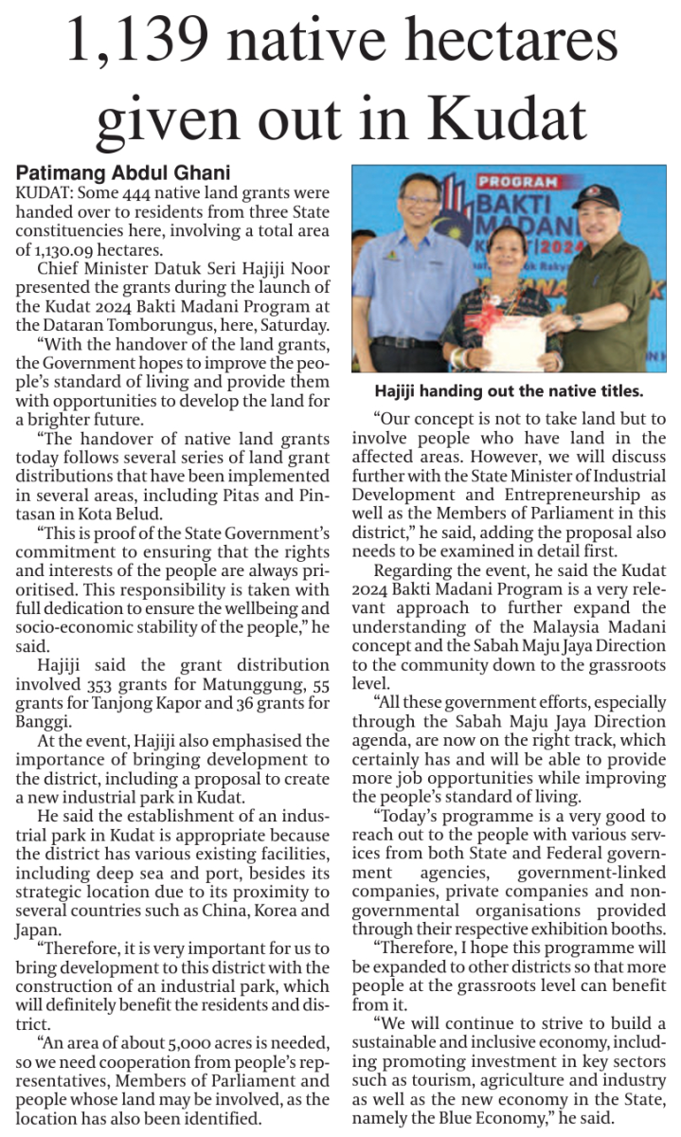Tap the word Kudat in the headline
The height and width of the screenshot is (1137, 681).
coord(505,120)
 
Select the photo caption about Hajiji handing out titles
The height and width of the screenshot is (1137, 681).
coord(509,390)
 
